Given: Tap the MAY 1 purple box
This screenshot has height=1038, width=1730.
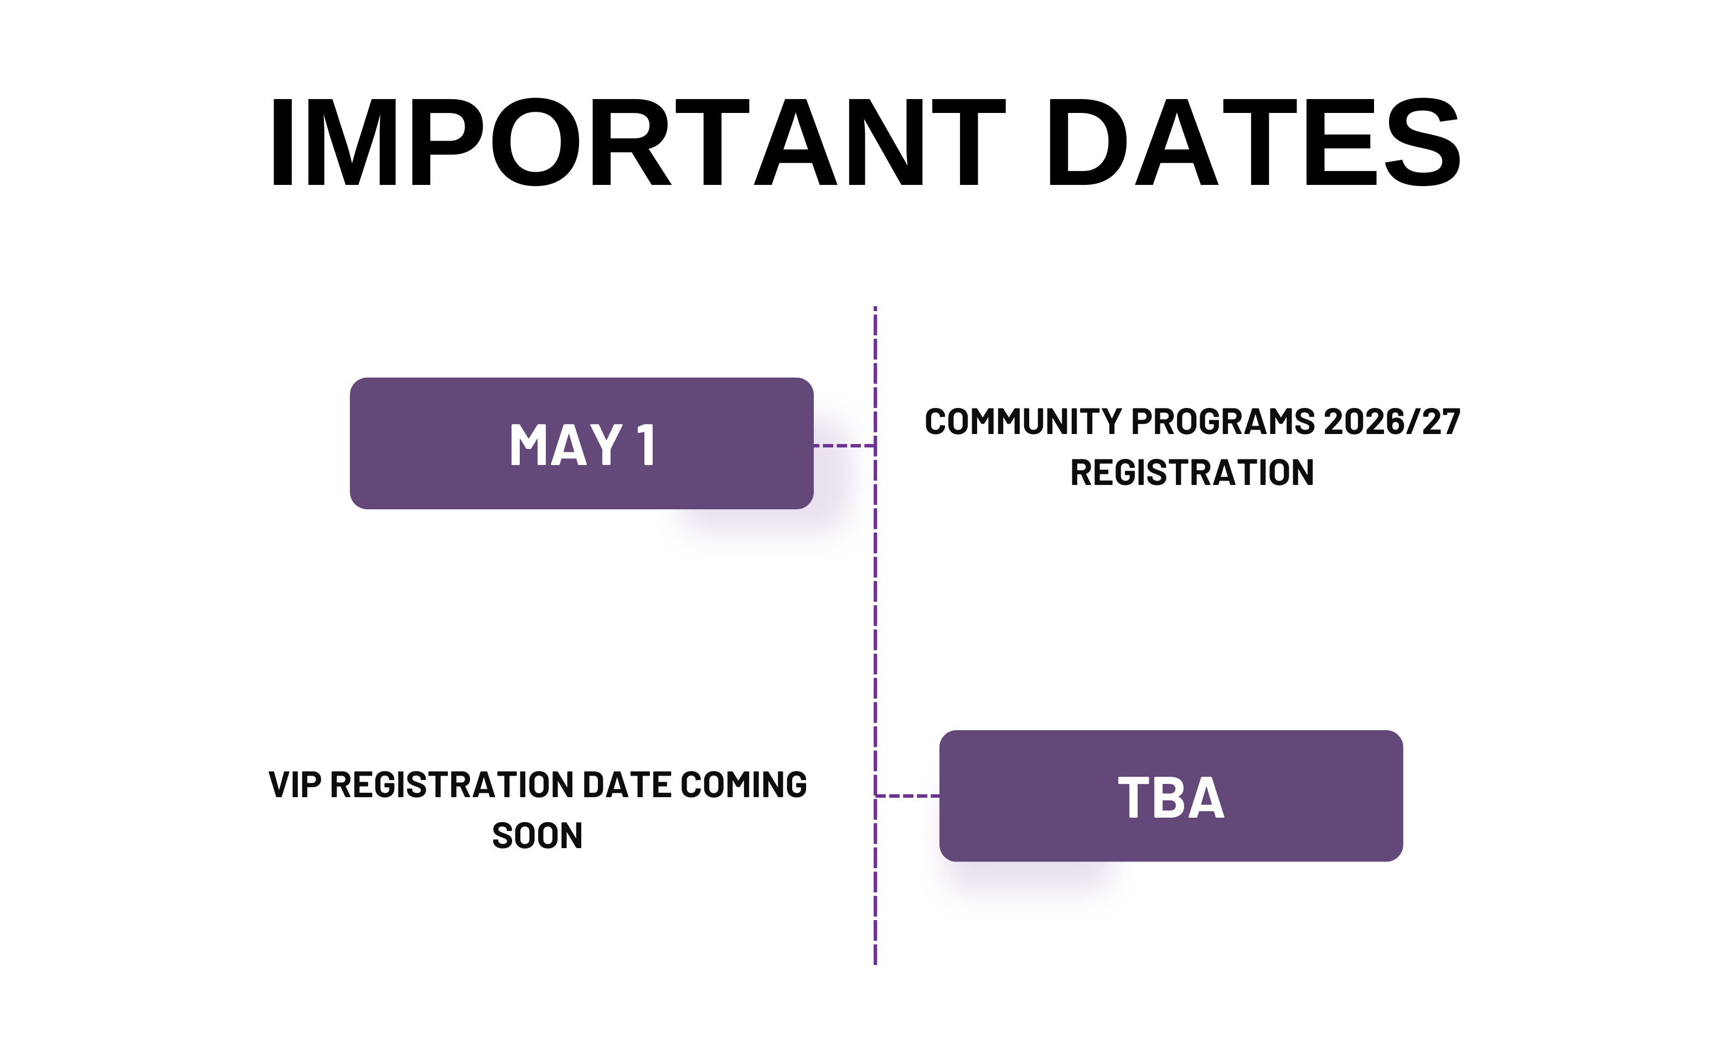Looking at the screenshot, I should (581, 443).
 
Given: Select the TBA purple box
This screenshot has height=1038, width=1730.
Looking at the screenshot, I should (1170, 796).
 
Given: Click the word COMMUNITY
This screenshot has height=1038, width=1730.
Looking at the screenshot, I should (1023, 422).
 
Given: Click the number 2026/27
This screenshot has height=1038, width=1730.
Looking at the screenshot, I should (1392, 422).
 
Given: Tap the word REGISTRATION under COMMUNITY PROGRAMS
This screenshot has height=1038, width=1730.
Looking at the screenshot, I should (1191, 473).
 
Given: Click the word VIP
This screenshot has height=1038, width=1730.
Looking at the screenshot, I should (295, 785).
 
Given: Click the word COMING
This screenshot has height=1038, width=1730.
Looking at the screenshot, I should (743, 785).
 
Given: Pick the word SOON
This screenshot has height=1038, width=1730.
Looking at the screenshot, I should (537, 836).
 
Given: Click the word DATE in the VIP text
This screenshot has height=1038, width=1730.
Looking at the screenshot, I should (627, 785).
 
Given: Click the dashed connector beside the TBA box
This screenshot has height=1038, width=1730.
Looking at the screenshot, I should (907, 796).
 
